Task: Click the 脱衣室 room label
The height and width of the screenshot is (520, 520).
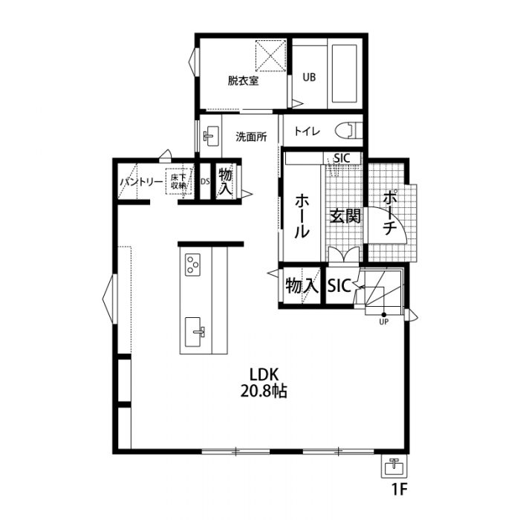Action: point(243,80)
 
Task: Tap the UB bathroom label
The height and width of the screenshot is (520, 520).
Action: point(309,77)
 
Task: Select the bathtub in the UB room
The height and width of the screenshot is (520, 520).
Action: point(344,74)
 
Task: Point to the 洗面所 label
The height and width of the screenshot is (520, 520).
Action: point(251,137)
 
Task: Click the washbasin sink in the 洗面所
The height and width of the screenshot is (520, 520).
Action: point(210,136)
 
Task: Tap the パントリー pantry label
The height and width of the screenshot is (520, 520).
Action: point(142,182)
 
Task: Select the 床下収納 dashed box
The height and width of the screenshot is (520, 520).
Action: point(179,181)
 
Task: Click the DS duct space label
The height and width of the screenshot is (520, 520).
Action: point(205,181)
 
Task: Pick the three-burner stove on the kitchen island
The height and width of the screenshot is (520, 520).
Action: point(192,264)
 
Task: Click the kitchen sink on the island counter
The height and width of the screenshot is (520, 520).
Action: point(194,332)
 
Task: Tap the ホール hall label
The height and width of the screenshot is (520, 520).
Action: point(302,216)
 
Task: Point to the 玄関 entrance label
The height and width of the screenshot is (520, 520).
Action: point(345,217)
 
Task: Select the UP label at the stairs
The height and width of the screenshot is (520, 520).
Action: point(384,322)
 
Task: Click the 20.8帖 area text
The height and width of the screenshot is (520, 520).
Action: point(264,391)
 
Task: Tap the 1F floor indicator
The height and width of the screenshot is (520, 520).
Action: point(400,489)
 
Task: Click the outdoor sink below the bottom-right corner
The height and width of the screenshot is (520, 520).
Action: point(394,466)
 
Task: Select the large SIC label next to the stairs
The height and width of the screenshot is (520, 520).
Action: point(339,285)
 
